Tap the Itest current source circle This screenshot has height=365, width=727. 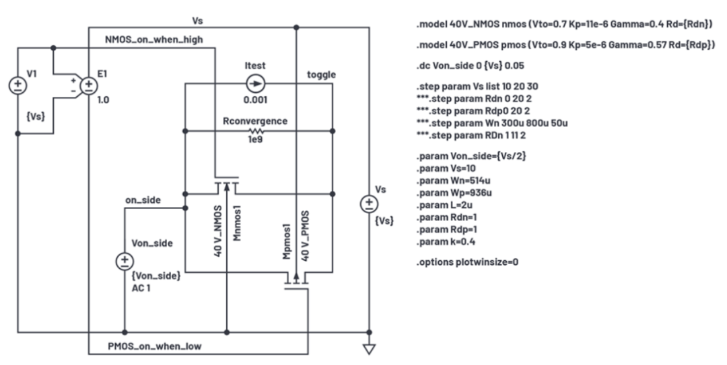[x=256, y=83]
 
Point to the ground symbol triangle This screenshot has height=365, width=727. [x=368, y=349]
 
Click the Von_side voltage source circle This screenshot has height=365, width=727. [x=125, y=261]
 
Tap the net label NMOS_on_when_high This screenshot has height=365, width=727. [x=154, y=40]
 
